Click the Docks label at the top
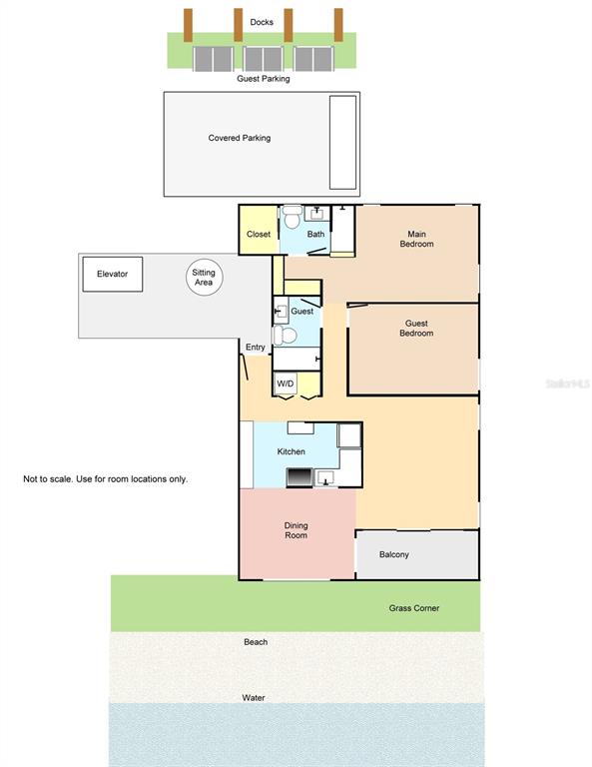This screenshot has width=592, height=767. coord(262,21)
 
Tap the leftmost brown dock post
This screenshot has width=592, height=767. coord(188,25)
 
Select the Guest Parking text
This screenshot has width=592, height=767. coord(263,79)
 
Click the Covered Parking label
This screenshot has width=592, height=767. coord(239,138)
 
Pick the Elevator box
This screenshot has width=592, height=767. coord(112,274)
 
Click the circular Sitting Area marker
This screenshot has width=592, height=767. coord(203,277)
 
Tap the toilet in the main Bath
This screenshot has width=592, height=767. coord(293,217)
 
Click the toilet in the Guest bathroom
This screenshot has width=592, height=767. coord(281,337)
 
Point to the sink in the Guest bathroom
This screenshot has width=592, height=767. coord(280,313)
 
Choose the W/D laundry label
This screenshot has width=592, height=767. coord(286,383)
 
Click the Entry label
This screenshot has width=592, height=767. coord(256,348)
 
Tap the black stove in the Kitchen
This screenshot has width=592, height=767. coord(299,477)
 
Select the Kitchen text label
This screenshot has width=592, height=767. coord(292,452)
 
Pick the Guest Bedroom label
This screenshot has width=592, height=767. coord(416,328)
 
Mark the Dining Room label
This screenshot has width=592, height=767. coord(296,530)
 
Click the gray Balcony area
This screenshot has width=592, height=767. coord(416,554)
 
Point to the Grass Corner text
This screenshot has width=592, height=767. coord(413,608)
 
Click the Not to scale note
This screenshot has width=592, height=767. coord(105,479)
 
